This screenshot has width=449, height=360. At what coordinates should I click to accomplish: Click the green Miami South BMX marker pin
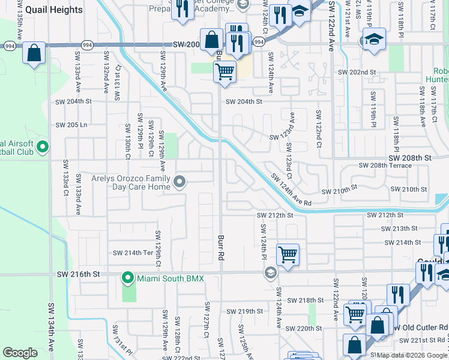127,278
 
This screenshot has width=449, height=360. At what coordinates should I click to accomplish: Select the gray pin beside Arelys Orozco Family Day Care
179,181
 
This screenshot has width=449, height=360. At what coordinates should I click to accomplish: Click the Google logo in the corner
20,353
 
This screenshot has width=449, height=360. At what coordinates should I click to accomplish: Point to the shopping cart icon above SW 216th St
288,254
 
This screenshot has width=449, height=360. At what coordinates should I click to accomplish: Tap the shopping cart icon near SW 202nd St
224,73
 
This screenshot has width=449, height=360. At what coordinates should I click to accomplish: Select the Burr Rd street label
220,247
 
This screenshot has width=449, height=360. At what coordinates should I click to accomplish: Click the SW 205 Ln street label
71,125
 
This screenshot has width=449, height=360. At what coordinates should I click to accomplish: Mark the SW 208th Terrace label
385,165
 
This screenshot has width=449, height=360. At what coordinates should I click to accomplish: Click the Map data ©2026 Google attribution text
411,355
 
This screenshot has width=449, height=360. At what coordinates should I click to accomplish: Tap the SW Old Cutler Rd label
418,328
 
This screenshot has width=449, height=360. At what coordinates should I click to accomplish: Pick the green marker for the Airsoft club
42,146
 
